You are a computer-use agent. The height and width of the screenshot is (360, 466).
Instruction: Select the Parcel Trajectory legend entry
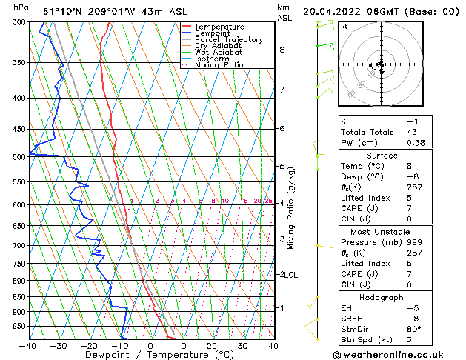(228, 40)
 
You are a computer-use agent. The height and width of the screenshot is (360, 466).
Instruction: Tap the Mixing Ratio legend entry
(219, 65)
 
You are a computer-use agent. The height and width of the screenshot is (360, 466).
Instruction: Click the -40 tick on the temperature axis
(27, 345)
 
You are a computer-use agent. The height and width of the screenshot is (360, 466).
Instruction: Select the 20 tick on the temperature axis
(212, 345)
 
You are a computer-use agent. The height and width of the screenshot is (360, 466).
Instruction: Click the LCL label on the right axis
(291, 275)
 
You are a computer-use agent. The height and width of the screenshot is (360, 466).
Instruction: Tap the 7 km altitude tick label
(282, 90)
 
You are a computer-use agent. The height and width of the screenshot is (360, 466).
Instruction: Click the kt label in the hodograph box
(344, 27)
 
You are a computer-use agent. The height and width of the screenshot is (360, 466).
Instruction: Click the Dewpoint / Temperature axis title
(150, 355)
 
